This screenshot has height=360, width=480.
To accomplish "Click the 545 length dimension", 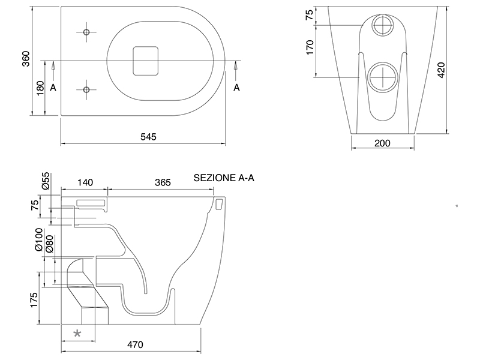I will (x=149, y=137).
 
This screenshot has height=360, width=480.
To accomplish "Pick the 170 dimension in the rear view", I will (x=310, y=47).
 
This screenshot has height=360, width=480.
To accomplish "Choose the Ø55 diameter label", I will (x=46, y=181).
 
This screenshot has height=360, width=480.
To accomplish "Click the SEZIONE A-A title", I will (x=224, y=178).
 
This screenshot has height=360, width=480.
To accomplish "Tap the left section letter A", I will (x=53, y=88).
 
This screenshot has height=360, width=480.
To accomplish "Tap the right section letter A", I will (x=236, y=88).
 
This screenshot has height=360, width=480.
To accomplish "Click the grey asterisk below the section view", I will (x=77, y=334).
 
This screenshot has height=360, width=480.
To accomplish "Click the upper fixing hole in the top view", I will (x=86, y=32).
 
